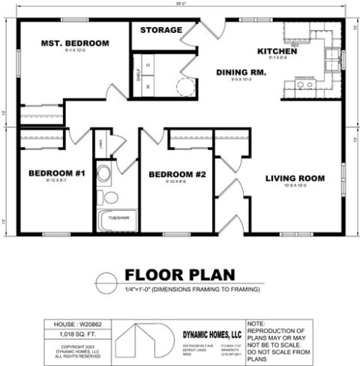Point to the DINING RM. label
241,73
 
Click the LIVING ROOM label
295,178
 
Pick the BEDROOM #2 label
177,175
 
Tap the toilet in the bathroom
110,197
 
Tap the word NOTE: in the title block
277,322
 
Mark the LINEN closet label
100,140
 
